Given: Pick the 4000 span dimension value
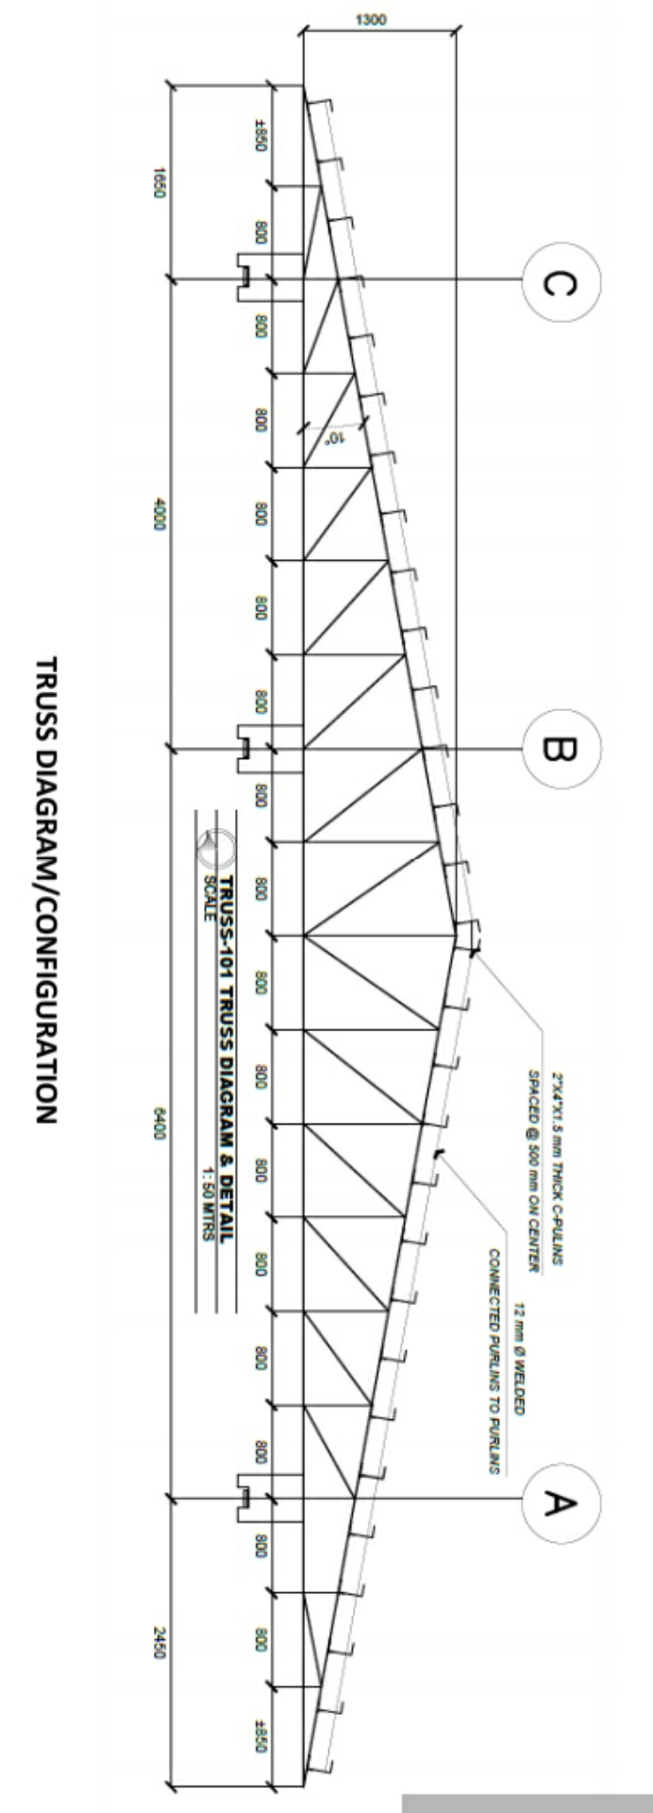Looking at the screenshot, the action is [x=159, y=515].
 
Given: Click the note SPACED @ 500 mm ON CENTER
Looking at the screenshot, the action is [x=534, y=1170].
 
